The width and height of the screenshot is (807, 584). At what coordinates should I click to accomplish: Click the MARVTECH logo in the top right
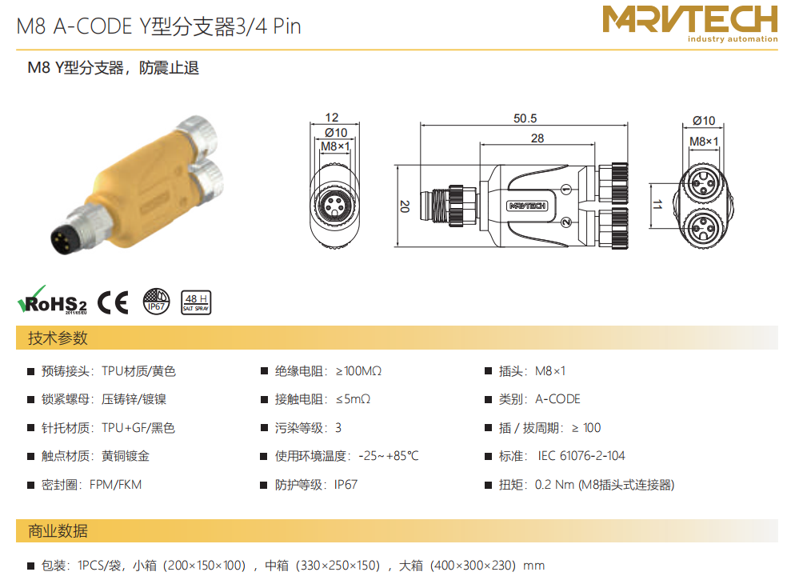[x=689, y=24]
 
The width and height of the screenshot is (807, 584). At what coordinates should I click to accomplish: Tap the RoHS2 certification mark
[x=53, y=301]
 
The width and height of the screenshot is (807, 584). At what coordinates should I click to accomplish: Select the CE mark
[x=113, y=302]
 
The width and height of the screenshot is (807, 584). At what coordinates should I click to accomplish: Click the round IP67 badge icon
[x=156, y=302]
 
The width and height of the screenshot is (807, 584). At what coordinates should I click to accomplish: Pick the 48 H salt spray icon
[x=196, y=302]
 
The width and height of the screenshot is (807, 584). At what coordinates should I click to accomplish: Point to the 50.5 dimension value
[x=525, y=118]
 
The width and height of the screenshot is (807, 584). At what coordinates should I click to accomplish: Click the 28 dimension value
[x=537, y=138]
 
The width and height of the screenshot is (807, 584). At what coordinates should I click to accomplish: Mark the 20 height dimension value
[x=405, y=206]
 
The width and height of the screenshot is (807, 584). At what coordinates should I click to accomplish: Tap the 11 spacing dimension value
[x=657, y=205]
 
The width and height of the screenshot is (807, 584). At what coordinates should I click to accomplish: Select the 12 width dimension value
[x=332, y=118]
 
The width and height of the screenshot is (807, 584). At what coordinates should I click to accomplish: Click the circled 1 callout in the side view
[x=566, y=190]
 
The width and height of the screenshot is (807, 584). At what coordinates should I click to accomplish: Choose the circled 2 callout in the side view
[x=566, y=222]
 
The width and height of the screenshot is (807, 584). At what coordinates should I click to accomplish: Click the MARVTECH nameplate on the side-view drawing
[x=527, y=206]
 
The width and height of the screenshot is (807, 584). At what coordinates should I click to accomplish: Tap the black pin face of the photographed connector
[x=62, y=239]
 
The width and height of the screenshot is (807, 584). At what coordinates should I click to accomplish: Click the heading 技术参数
[x=58, y=338]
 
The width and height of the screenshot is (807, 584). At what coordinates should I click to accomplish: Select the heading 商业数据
[x=58, y=531]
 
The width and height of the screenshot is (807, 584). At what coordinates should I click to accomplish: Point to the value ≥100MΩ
[x=359, y=371]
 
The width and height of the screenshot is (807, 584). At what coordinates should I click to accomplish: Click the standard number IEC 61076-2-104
[x=581, y=456]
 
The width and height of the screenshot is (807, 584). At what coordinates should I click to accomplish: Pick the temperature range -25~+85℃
[x=389, y=456]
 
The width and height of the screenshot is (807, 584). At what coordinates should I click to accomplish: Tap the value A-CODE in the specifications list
[x=558, y=399]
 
